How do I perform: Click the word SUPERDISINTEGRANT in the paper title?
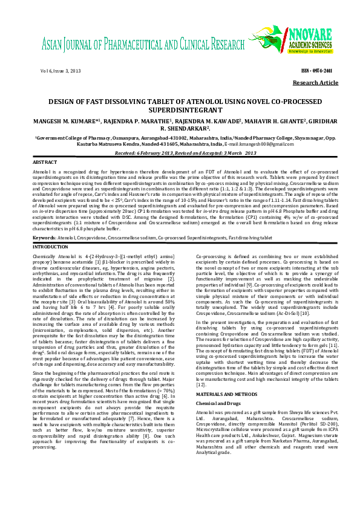[179, 111]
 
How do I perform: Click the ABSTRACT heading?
[45, 163]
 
